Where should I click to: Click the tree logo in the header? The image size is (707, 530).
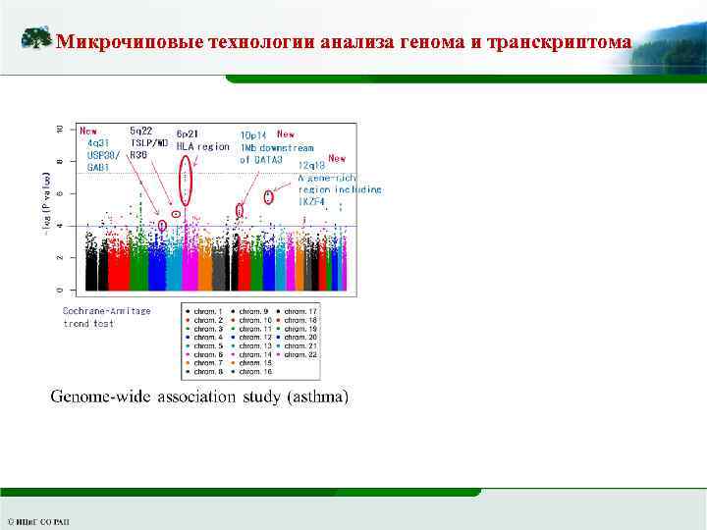pyautogui.click(x=36, y=39)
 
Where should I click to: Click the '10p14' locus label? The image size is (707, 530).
pyautogui.click(x=254, y=134)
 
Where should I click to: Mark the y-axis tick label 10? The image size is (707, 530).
pyautogui.click(x=60, y=130)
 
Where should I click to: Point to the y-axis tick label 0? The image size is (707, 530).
pyautogui.click(x=60, y=291)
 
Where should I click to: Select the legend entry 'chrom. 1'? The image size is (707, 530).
pyautogui.click(x=205, y=311)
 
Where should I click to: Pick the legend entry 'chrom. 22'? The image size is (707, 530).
pyautogui.click(x=297, y=354)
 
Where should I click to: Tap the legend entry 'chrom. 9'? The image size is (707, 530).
pyautogui.click(x=251, y=311)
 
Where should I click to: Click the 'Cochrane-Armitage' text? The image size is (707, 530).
pyautogui.click(x=107, y=311)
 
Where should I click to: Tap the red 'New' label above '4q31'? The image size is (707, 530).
pyautogui.click(x=89, y=131)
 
